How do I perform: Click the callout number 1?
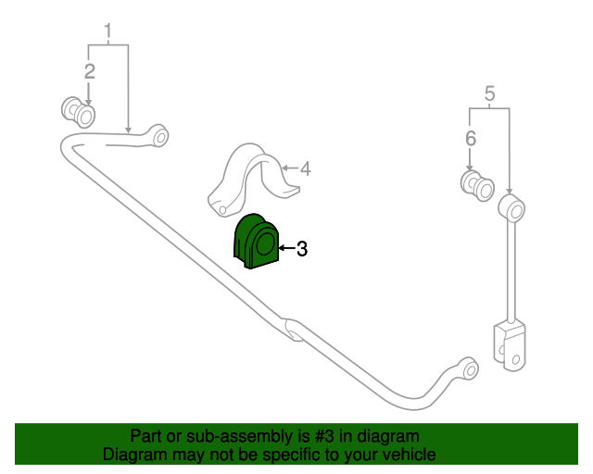coord(108,31)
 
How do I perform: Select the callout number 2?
coord(90,72)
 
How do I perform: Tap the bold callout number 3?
coord(302,249)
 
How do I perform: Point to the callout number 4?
coord(306,169)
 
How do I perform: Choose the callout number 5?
coord(489,94)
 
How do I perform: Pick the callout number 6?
coord(471,138)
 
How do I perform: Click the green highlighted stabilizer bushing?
coord(256,242)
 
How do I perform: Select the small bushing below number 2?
coord(78,112)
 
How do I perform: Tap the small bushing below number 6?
coord(477,185)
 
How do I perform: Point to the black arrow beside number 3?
coord(286,248)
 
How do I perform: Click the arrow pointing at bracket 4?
coord(290,168)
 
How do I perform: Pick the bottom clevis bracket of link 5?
coord(510,345)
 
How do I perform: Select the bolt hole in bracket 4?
coord(222,210)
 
